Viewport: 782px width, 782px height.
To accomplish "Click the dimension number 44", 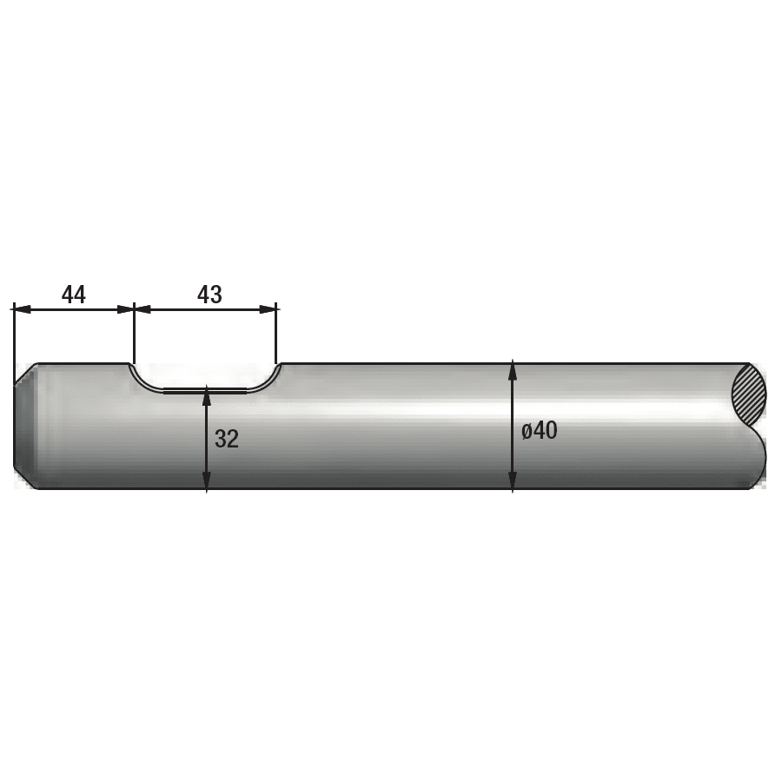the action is (x=73, y=295).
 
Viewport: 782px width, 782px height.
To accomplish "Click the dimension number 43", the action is (x=209, y=295).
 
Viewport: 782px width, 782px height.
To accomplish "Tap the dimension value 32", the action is (x=227, y=440).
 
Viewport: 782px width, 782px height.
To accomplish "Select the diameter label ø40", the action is (x=539, y=431).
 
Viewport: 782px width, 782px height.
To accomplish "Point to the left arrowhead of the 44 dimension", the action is (x=22, y=309).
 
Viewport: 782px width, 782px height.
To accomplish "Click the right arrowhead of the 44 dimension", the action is (x=126, y=309).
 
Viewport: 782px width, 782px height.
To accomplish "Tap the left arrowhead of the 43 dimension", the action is (x=143, y=309).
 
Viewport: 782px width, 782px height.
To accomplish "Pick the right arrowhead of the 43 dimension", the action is (x=268, y=309).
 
